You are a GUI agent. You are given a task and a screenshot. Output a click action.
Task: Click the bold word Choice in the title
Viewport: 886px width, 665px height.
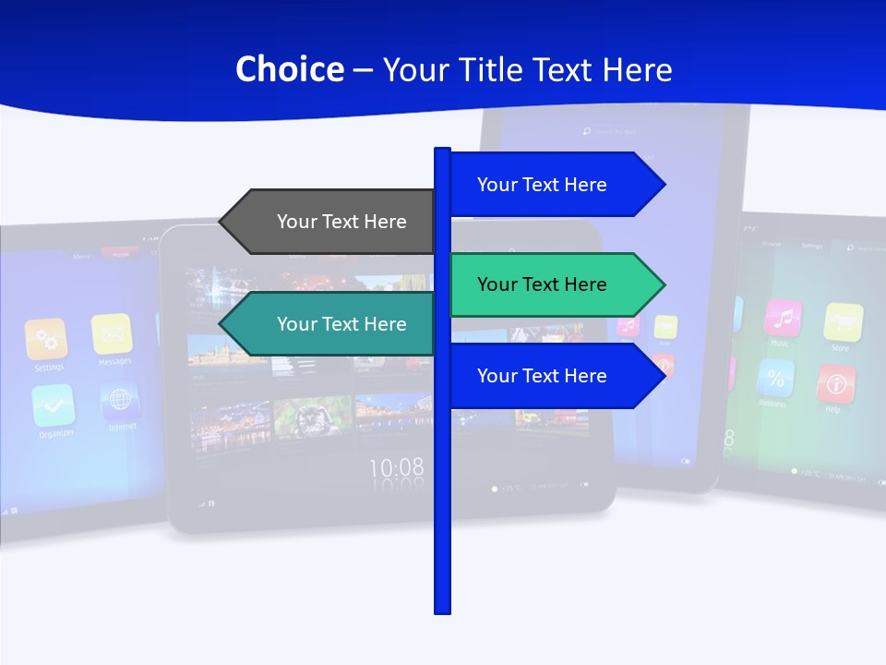(x=289, y=69)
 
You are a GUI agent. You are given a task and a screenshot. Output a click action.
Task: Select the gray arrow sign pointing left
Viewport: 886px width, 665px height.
(x=328, y=222)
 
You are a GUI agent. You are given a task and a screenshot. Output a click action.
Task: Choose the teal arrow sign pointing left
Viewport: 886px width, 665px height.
(x=328, y=324)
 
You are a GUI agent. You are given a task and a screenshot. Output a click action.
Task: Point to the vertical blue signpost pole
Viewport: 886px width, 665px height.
(x=442, y=508)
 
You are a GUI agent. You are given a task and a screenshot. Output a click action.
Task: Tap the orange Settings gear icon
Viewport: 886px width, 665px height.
(x=46, y=339)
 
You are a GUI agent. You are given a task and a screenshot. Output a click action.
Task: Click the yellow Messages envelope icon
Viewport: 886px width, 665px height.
(x=112, y=333)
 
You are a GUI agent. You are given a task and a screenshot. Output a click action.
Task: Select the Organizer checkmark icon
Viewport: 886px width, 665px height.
(x=53, y=405)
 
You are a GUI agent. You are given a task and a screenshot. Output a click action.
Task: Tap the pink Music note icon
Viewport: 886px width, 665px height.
(x=783, y=318)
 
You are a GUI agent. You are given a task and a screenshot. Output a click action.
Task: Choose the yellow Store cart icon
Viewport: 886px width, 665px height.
(x=843, y=322)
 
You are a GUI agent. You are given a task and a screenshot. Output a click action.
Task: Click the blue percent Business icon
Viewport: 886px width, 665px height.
(x=775, y=378)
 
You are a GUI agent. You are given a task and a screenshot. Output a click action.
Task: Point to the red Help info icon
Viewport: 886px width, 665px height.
(x=835, y=383)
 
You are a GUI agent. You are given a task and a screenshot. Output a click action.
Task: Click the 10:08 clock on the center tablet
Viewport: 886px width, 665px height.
(x=397, y=467)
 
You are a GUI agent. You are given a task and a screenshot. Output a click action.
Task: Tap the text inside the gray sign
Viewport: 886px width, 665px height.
(x=341, y=222)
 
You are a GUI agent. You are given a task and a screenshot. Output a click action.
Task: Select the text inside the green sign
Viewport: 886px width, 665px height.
(x=542, y=284)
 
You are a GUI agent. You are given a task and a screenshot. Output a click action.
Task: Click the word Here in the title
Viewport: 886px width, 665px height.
(x=637, y=69)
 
